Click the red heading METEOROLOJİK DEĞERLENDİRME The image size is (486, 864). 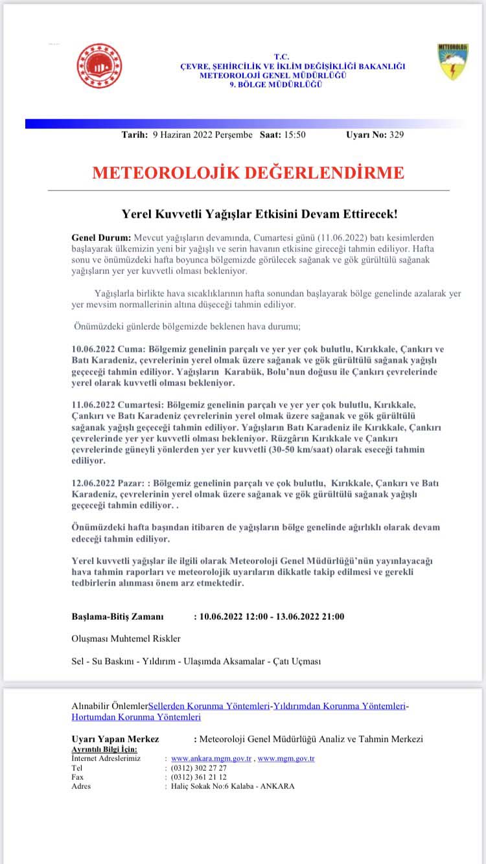[248, 172]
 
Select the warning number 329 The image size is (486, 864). [397, 135]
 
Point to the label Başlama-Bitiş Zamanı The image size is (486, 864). [117, 616]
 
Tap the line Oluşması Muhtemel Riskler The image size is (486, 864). [126, 639]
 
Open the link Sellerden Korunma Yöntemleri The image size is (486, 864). [209, 706]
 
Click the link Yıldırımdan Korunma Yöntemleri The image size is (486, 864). [340, 706]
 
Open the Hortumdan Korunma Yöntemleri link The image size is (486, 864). [136, 717]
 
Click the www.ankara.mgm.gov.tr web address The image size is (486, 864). [212, 758]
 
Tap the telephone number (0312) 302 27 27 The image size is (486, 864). [199, 767]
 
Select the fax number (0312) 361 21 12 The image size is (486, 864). [199, 777]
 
